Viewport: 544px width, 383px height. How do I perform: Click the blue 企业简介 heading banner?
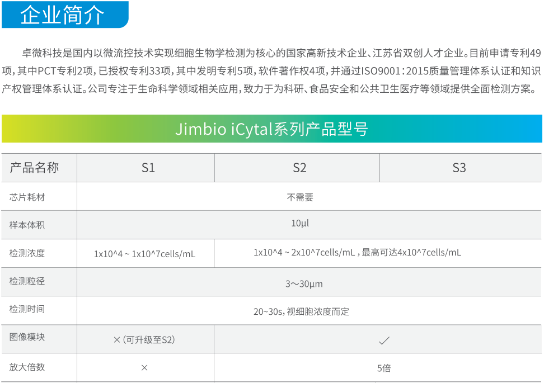65,15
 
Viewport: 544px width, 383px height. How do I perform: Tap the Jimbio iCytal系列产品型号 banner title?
271,129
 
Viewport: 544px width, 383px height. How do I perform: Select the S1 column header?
148,168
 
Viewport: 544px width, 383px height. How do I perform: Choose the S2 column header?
299,168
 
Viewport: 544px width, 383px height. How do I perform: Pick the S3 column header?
459,168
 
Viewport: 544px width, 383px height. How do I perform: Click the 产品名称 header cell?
34,168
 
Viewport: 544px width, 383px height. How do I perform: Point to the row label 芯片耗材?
27,197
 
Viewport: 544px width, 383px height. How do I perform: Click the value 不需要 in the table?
300,197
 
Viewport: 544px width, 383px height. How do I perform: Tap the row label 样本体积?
27,225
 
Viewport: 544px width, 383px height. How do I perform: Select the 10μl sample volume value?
300,223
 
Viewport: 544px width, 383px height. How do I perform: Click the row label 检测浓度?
27,253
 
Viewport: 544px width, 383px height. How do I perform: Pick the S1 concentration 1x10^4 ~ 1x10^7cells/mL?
144,254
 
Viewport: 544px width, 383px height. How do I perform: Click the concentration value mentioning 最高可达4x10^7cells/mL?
357,252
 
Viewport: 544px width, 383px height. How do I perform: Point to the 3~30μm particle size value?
304,284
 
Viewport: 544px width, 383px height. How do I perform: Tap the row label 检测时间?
27,309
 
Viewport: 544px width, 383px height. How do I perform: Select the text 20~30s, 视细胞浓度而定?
301,311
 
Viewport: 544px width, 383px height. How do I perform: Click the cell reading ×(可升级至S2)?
144,340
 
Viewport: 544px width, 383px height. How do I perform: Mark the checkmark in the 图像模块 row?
384,341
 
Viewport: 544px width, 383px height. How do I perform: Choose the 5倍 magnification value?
384,368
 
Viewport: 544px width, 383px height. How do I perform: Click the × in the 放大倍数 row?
144,368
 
